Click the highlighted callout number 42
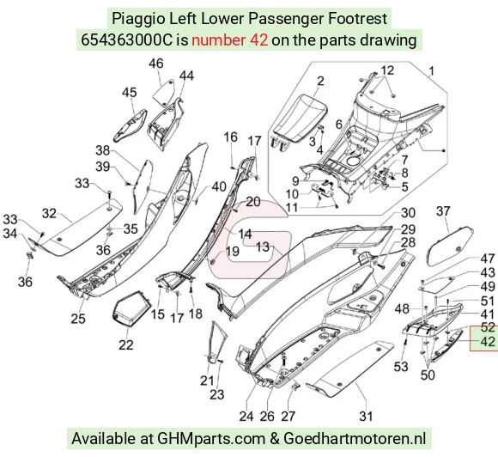click(x=488, y=342)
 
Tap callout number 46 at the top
click(x=156, y=64)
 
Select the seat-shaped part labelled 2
click(x=300, y=119)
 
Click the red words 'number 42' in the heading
click(x=229, y=40)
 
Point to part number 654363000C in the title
click(x=126, y=40)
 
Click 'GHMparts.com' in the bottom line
click(x=211, y=439)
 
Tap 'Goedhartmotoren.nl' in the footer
click(x=355, y=439)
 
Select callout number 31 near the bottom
click(x=365, y=416)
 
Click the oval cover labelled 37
click(x=451, y=247)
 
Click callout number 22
click(x=125, y=344)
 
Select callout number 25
click(x=78, y=319)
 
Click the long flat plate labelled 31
click(x=350, y=369)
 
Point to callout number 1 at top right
click(x=431, y=71)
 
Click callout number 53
click(x=400, y=367)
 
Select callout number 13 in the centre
click(x=263, y=247)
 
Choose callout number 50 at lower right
click(x=428, y=375)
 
